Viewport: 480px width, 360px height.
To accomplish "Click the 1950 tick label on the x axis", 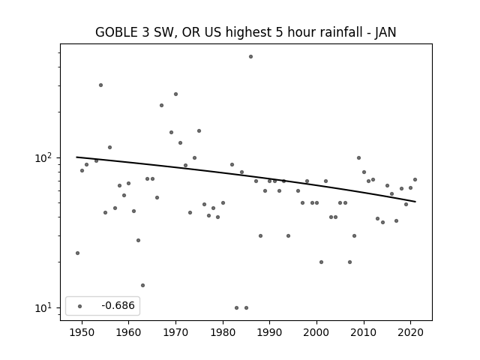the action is click(x=82, y=332).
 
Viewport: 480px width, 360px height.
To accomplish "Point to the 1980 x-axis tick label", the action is click(x=223, y=332).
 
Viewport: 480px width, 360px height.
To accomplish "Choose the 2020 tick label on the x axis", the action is click(x=411, y=332).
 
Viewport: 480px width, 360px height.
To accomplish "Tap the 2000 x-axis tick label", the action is click(x=316, y=332).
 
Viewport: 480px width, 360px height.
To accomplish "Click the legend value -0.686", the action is click(x=118, y=305).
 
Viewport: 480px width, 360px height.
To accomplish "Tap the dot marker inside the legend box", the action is click(x=80, y=306).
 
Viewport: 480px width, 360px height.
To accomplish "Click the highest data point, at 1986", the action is click(x=250, y=57).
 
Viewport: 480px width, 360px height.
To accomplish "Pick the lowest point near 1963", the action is click(x=142, y=285).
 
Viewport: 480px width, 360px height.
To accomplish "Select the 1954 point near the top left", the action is click(x=100, y=85).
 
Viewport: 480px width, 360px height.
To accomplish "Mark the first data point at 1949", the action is click(x=77, y=253).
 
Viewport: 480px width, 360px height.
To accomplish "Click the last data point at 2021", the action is click(x=415, y=180).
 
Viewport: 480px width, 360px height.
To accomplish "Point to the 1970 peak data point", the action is click(x=175, y=94).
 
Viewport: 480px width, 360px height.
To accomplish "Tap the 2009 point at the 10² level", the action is click(x=358, y=158).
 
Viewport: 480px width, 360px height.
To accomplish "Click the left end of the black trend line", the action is click(x=76, y=157).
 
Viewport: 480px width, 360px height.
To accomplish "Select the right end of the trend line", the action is click(x=415, y=202).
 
